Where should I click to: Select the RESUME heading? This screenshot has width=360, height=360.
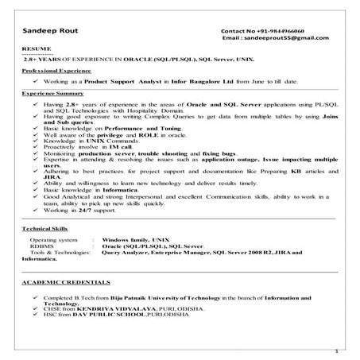(x=33, y=49)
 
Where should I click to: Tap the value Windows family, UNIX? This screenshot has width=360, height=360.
(x=137, y=238)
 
